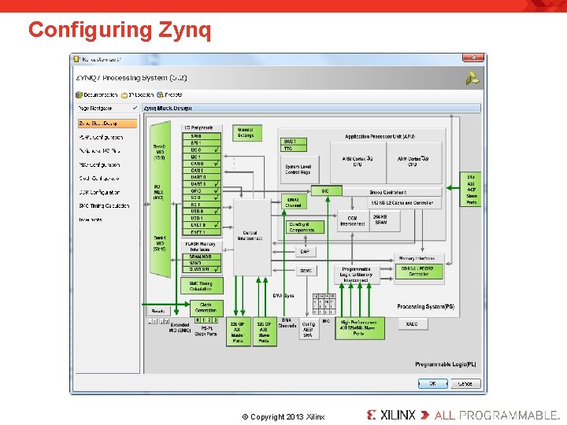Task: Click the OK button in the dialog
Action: point(432,383)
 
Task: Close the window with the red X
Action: point(473,57)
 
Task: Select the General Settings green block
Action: point(245,133)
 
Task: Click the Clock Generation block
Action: point(206,307)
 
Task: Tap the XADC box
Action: point(412,324)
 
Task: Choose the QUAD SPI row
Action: point(200,268)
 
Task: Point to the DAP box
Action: point(305,252)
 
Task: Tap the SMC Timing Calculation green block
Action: point(201,286)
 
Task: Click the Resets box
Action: point(159,311)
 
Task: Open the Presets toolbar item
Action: point(171,94)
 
